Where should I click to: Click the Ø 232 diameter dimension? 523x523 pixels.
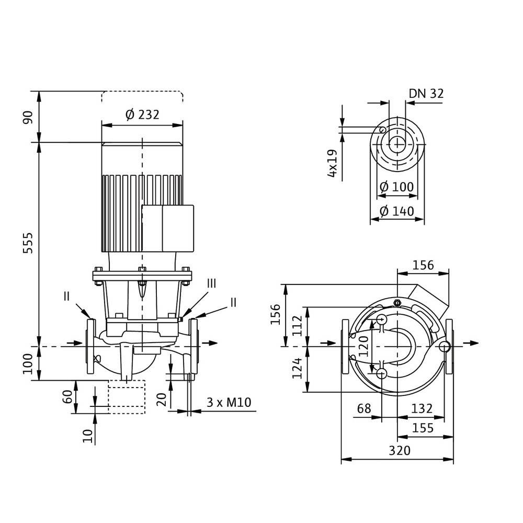pos(142,115)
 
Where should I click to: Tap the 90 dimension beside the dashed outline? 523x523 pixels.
pos(29,117)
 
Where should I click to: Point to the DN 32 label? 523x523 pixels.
pos(426,94)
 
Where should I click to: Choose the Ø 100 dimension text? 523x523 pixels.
pos(396,187)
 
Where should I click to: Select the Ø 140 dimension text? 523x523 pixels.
pos(396,211)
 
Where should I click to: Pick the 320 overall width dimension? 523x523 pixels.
pos(399,450)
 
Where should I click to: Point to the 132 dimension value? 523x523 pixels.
pos(422,408)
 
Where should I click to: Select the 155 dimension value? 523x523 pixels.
pos(423,428)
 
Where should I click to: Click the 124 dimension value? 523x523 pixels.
pos(298,369)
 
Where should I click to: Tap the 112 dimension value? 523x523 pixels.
pos(298,326)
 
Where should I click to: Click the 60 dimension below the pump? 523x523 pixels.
pos(67,396)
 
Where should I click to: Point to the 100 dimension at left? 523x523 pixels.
pos(29,363)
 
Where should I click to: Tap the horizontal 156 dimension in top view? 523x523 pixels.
pos(423,265)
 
